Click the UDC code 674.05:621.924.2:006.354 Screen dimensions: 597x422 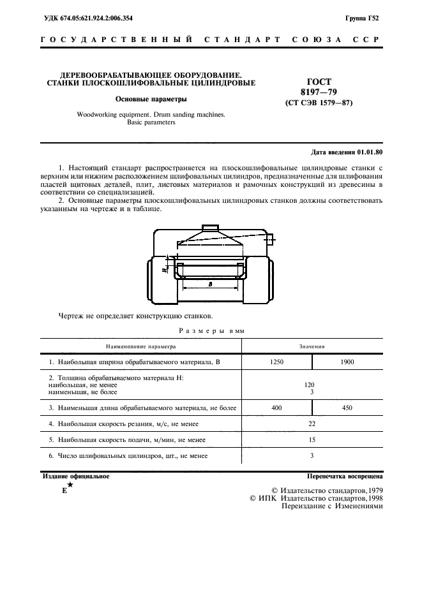tap(97, 19)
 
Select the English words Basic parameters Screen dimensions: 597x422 tap(151, 122)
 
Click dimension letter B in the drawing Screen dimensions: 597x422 tap(210, 284)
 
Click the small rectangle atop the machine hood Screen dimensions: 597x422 tap(210, 228)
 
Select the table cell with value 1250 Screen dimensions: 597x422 tap(277, 362)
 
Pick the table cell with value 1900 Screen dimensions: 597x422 tap(347, 362)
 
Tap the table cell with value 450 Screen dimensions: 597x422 tap(347, 407)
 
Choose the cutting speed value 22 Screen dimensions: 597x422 tap(312, 424)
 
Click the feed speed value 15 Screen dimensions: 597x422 tap(312, 439)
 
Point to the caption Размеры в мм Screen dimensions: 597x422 tap(211, 330)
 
